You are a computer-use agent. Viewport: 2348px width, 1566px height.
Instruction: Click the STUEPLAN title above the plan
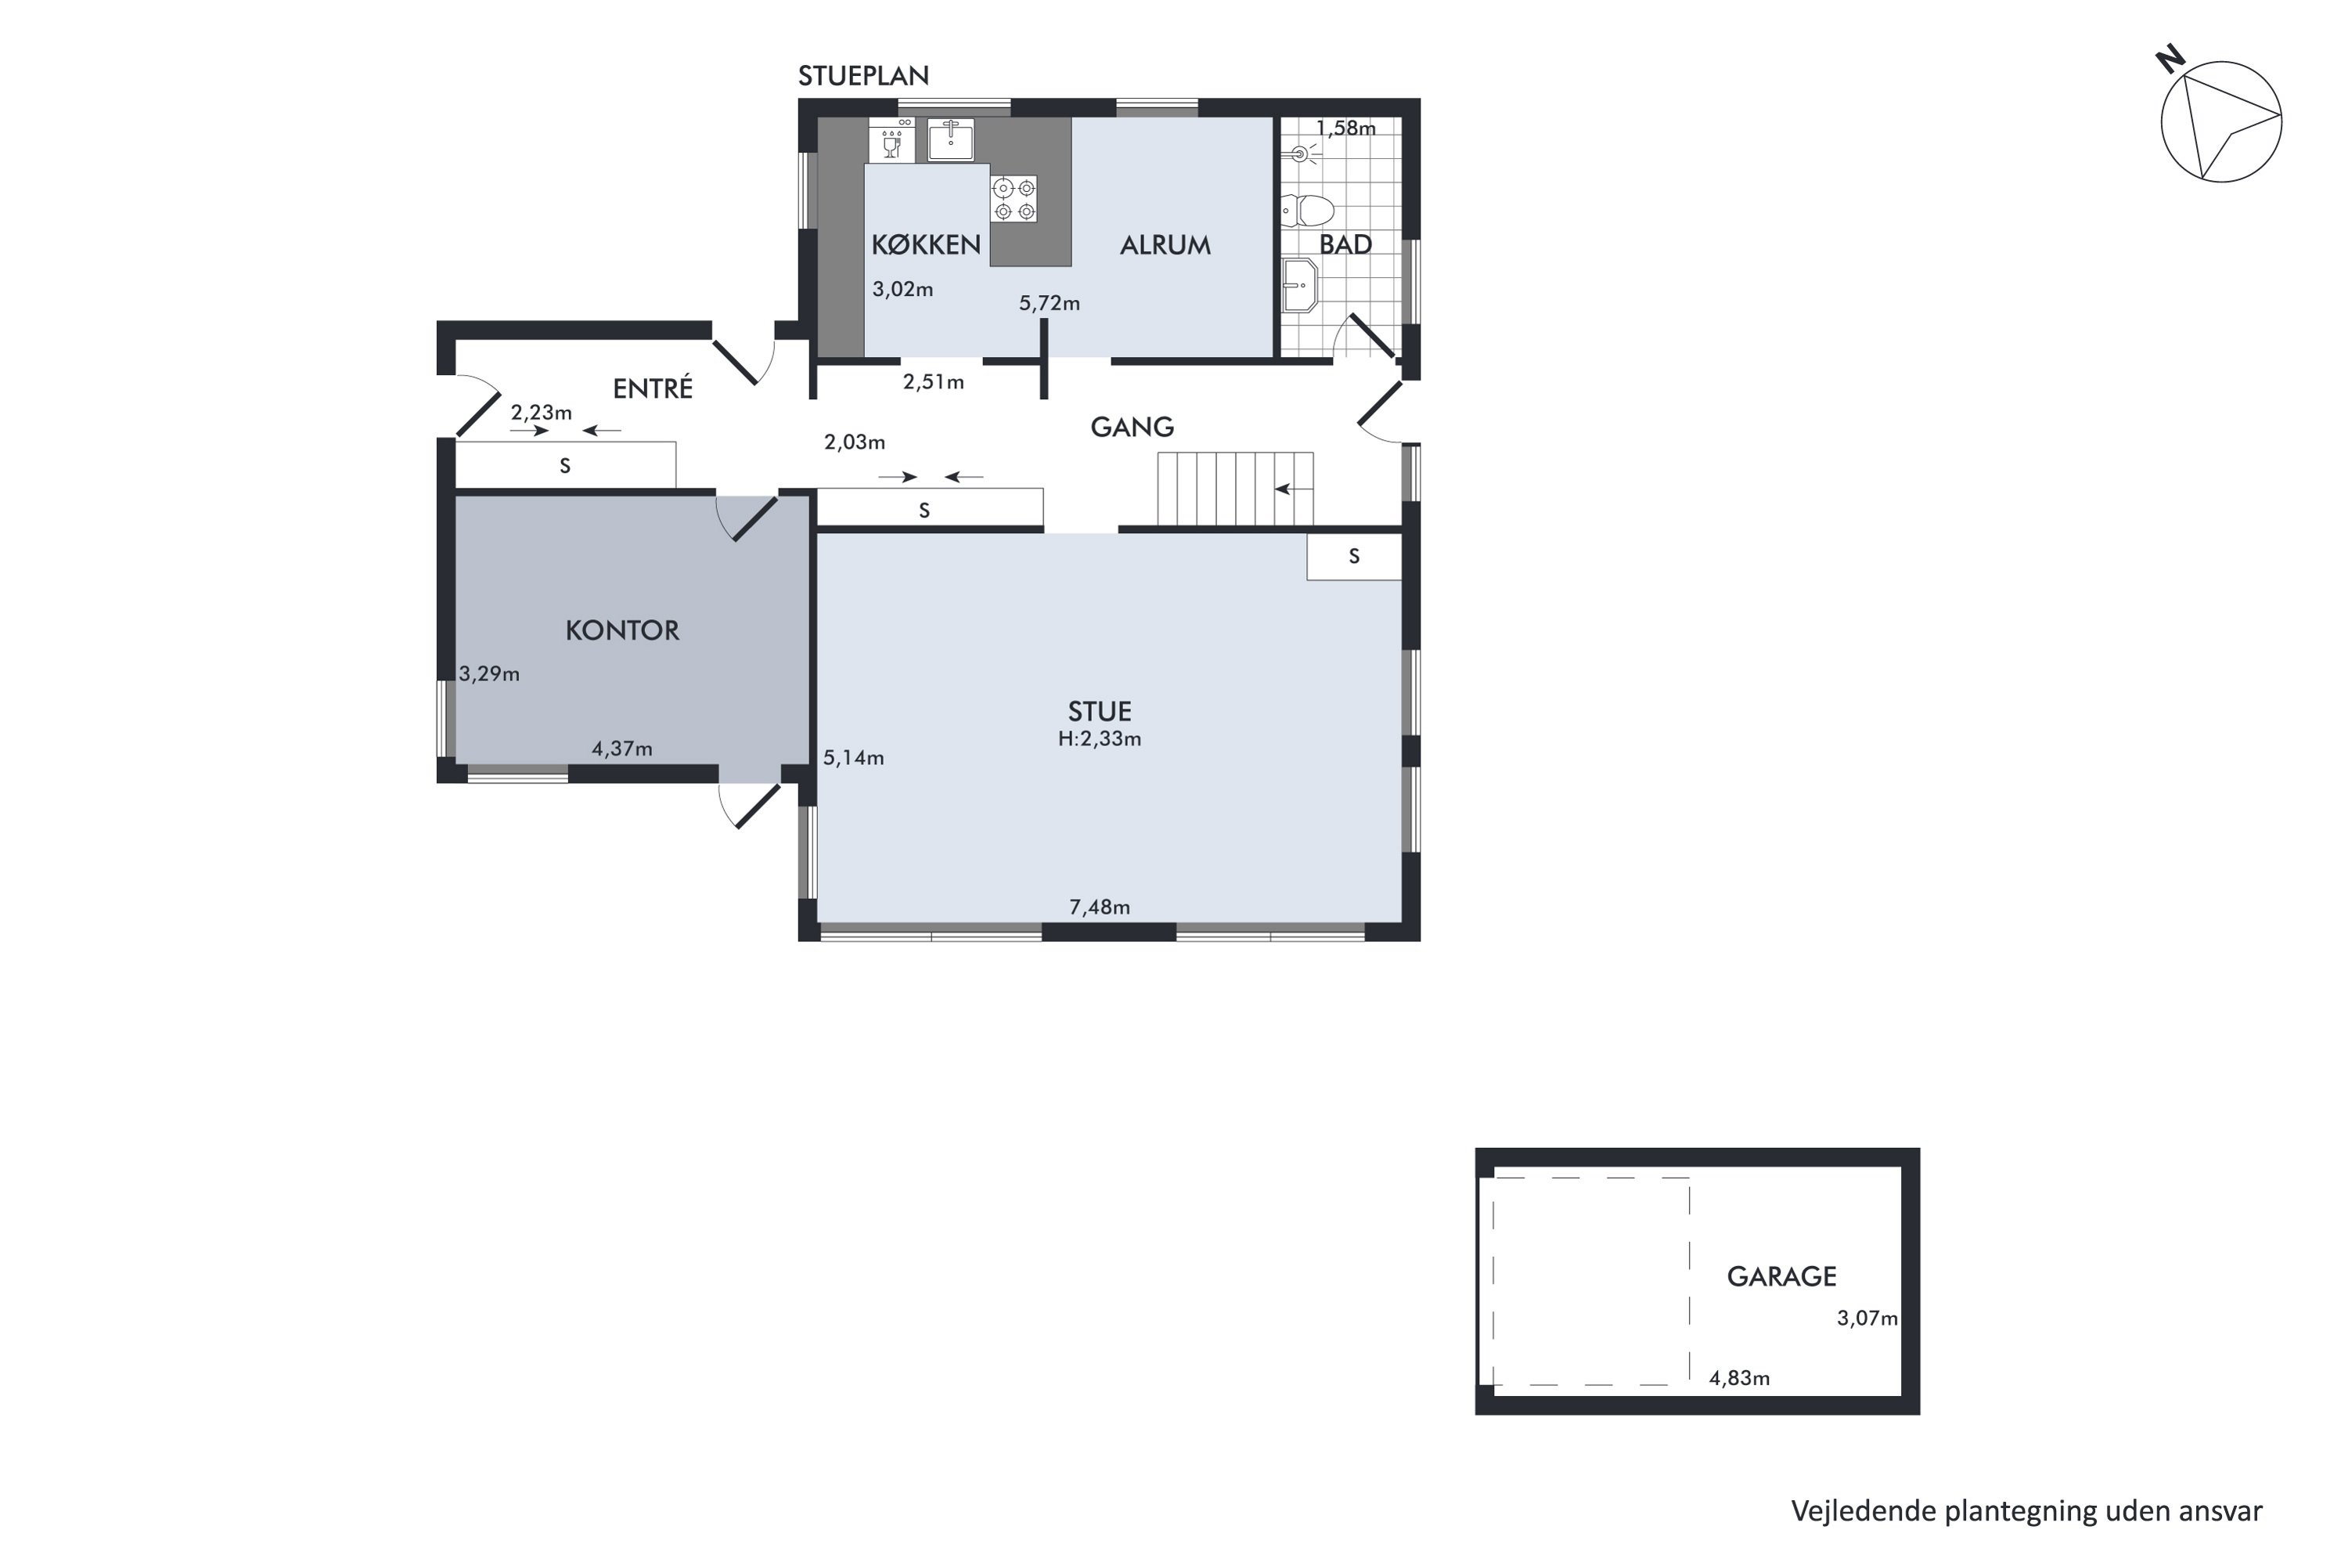[x=863, y=76]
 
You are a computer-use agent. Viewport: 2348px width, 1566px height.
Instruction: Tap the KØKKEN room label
[x=925, y=244]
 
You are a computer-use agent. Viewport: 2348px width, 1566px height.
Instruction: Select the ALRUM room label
[x=1165, y=244]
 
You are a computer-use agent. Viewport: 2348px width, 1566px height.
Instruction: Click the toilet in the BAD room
[x=1308, y=211]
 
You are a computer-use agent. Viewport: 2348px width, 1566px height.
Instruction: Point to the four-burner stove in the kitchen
[x=1014, y=199]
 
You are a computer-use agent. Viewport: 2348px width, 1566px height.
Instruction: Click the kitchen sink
[x=950, y=139]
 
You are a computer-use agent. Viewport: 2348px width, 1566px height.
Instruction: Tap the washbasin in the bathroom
[x=1300, y=286]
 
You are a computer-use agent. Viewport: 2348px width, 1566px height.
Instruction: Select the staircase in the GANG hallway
[x=1235, y=489]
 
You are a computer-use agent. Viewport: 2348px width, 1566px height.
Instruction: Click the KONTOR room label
[x=622, y=630]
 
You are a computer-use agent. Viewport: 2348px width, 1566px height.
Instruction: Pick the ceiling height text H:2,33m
[x=1099, y=739]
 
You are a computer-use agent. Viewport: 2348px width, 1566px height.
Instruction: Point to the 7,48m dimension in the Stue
[x=1099, y=907]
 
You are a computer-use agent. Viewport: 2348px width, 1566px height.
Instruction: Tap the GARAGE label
[x=1781, y=1276]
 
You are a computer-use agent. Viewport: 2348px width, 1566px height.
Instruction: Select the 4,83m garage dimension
[x=1739, y=1378]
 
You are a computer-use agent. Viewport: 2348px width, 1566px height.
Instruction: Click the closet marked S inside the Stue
[x=1355, y=556]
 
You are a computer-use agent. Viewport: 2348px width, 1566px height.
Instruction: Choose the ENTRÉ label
[x=653, y=388]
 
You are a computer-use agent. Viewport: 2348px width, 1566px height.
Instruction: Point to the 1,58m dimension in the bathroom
[x=1345, y=128]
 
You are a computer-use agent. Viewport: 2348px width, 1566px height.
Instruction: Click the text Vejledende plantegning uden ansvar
[x=2026, y=1511]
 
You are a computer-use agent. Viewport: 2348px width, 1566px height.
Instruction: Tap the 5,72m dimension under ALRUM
[x=1050, y=302]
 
